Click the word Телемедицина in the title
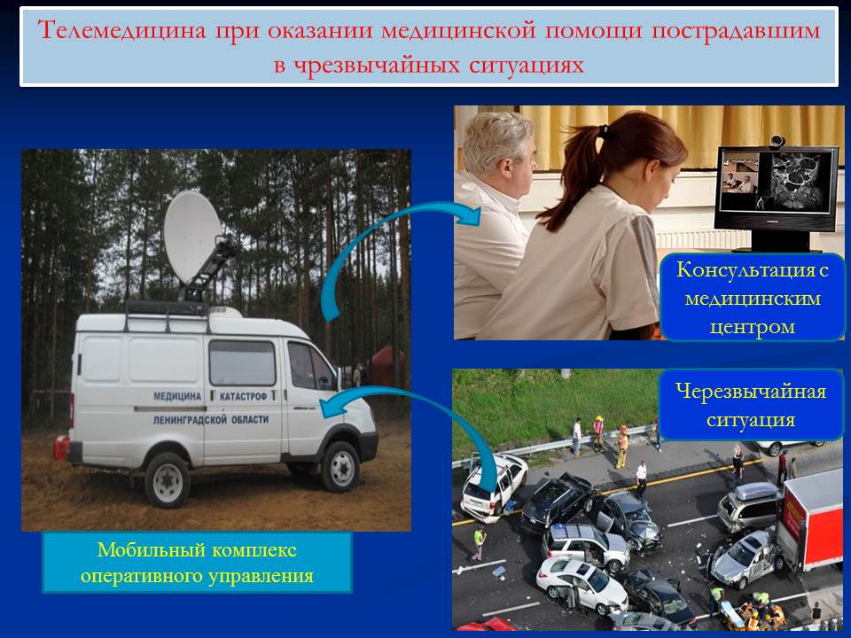pos(122,30)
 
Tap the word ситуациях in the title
pos(527,65)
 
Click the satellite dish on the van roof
pos(192,237)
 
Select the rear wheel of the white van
pos(168,480)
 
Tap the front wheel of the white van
pos(340,467)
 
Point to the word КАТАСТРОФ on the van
pos(243,396)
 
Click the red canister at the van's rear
pos(61,447)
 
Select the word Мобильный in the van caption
pos(151,550)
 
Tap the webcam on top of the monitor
pos(777,141)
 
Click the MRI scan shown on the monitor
pos(796,181)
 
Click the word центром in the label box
pos(753,327)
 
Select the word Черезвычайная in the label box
pos(751,391)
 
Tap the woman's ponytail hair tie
pos(603,131)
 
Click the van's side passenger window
pos(242,362)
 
